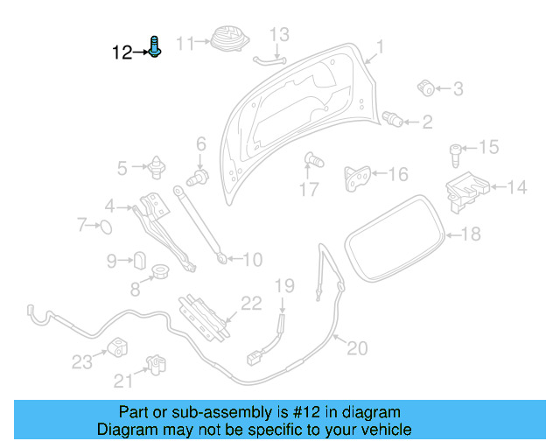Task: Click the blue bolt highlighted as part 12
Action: (155, 45)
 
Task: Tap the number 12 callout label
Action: (122, 52)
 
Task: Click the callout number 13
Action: (278, 35)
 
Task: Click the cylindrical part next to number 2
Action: (394, 119)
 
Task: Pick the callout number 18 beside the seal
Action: (471, 234)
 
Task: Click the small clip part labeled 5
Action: (157, 164)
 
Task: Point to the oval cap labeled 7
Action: (104, 227)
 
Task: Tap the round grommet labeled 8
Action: (160, 274)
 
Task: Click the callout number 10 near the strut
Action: (251, 260)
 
